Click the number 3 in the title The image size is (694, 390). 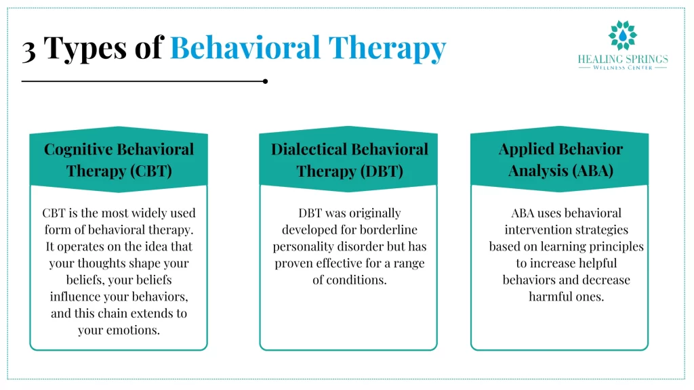tap(29, 49)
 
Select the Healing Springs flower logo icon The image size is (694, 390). tap(622, 35)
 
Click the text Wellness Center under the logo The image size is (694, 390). tap(623, 68)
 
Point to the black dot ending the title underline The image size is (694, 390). tap(265, 81)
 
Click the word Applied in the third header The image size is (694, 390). tap(526, 150)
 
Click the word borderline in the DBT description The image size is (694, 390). tap(386, 230)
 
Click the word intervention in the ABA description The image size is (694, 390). tap(536, 230)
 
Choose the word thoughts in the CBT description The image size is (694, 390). tap(108, 263)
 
